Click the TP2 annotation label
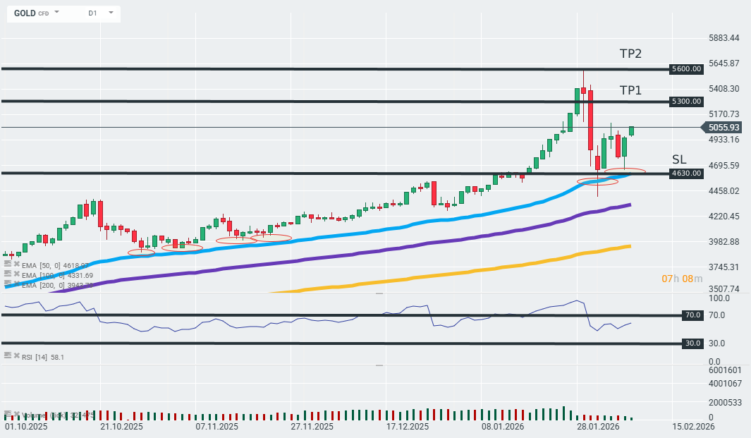pos(630,54)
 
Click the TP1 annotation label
pos(630,90)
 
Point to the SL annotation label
pos(678,159)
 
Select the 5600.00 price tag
pos(687,69)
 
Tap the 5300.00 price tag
pos(687,102)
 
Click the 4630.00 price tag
pos(687,173)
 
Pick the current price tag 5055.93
pos(723,128)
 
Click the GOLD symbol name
pos(25,13)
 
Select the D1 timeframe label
pos(93,13)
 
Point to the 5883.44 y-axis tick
pos(724,37)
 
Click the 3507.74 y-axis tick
pos(724,288)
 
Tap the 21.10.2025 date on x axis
pos(121,427)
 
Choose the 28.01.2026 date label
pos(597,427)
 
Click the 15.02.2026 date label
pos(693,427)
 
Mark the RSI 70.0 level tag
pos(692,315)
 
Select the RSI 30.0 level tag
pos(692,343)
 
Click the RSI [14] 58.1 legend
pos(42,358)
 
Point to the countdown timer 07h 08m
pos(681,279)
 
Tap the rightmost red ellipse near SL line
pos(625,171)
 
